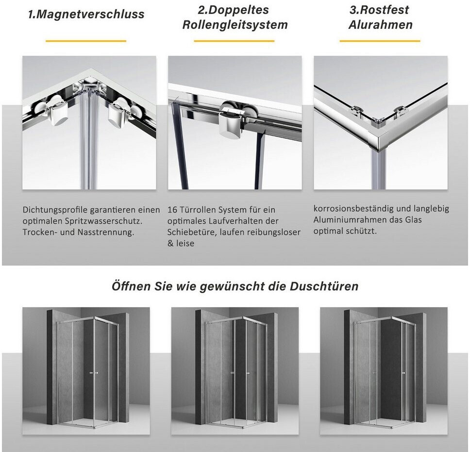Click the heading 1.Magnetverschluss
coord(86,14)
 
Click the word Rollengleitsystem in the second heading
coord(235,25)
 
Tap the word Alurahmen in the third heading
coord(380,25)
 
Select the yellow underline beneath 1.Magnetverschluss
coord(86,41)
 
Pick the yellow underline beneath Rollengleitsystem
coord(234,41)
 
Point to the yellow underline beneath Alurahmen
coord(380,41)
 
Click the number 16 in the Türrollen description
coord(172,210)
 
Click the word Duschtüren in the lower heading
coord(324,286)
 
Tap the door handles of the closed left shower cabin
coord(94,373)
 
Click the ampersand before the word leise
coord(170,243)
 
